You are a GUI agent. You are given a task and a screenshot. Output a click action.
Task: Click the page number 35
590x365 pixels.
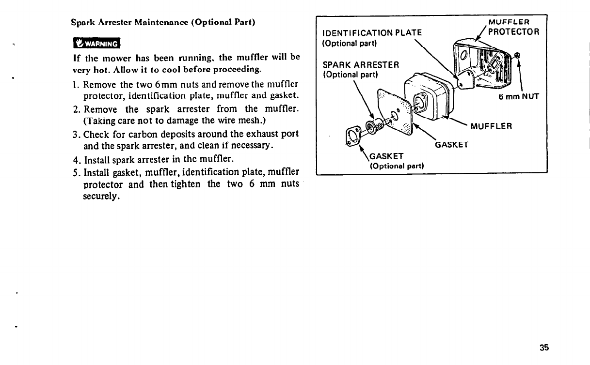point(543,347)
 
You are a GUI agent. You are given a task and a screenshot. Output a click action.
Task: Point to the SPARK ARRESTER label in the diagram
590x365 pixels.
point(361,65)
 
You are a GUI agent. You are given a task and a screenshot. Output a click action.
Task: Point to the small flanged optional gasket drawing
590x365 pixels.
point(352,136)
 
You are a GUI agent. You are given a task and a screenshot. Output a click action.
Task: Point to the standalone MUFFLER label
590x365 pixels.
point(492,126)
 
